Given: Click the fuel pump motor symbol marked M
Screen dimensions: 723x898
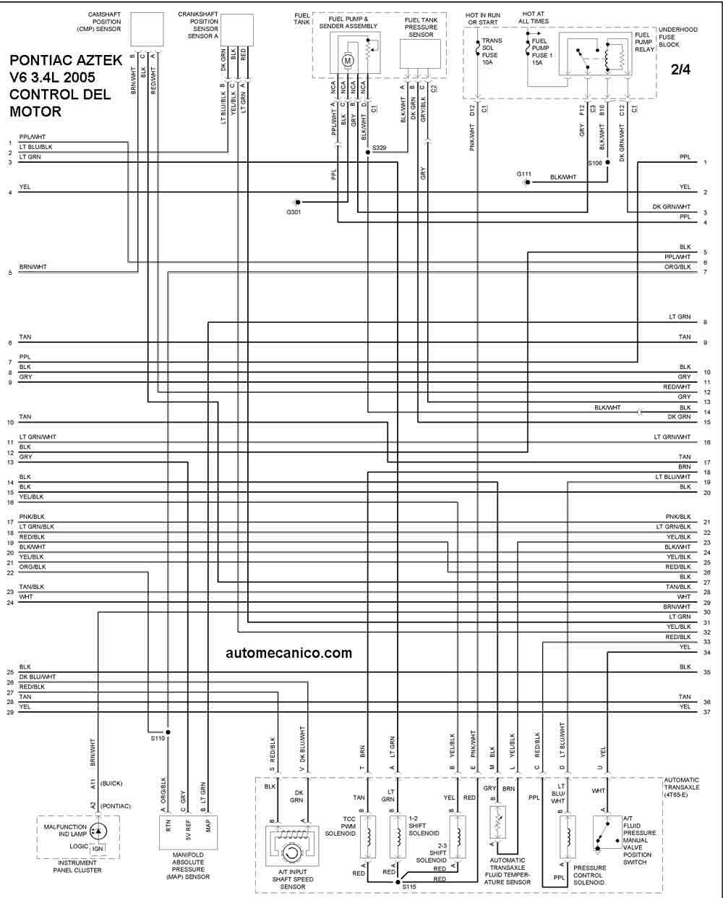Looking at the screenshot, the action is tap(347, 61).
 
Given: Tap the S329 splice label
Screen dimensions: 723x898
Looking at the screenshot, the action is tap(379, 148).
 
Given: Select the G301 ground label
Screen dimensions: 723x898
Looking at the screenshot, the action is tap(294, 212).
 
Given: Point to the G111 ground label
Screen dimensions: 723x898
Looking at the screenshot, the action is tap(523, 174).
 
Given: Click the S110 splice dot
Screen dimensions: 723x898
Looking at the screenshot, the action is tap(168, 732).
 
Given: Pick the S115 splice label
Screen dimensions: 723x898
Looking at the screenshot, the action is tap(409, 886).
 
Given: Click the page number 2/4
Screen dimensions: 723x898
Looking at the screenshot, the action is tap(680, 69).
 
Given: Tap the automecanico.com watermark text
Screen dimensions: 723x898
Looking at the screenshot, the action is tap(289, 653).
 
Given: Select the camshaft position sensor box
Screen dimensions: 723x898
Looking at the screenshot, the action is tap(147, 29).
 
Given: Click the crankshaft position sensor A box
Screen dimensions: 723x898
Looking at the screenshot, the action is tap(237, 30).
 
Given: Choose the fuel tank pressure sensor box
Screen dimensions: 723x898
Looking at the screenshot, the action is tap(420, 54).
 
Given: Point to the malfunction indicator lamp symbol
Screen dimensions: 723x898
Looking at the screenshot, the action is tap(98, 831).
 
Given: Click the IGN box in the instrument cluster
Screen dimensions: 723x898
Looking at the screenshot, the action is tap(98, 849).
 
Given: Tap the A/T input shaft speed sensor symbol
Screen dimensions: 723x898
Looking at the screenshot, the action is tap(292, 840).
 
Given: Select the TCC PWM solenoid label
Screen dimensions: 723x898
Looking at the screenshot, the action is tap(341, 826).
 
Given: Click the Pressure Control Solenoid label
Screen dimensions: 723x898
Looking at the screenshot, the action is tap(589, 875).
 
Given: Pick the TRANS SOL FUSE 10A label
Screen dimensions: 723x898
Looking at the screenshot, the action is tap(492, 51).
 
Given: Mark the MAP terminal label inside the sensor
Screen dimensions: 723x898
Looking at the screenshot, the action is tap(208, 826).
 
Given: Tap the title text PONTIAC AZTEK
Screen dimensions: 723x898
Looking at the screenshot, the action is tap(66, 60).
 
